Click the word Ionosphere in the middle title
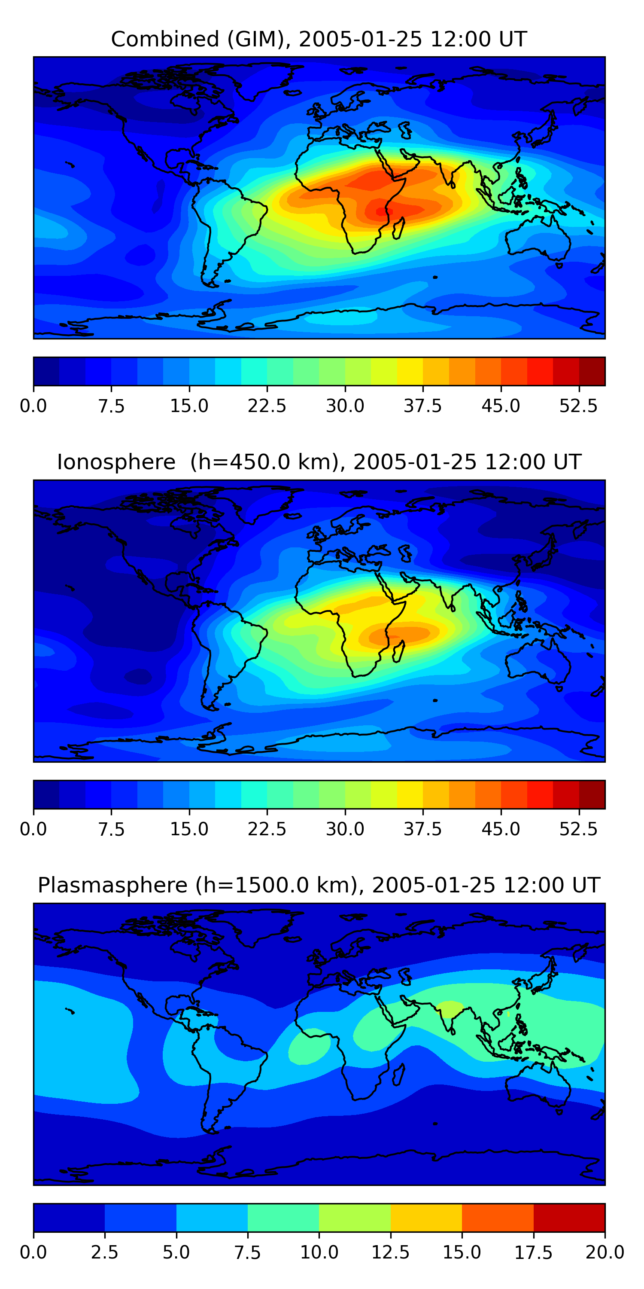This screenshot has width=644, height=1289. (116, 462)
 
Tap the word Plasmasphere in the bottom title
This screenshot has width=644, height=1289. (112, 885)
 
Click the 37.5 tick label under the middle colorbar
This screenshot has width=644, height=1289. (423, 829)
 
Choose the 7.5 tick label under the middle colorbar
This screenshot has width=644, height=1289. (111, 829)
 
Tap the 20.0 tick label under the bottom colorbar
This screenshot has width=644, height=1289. (605, 1252)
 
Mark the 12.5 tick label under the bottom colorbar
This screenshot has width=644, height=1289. (391, 1252)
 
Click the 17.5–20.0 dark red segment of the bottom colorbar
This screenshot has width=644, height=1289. (569, 1217)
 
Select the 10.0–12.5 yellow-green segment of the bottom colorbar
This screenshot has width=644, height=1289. (355, 1217)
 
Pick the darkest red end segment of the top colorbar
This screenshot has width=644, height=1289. (592, 371)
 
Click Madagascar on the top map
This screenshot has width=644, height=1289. (398, 228)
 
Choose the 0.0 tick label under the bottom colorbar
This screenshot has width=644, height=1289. (33, 1252)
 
